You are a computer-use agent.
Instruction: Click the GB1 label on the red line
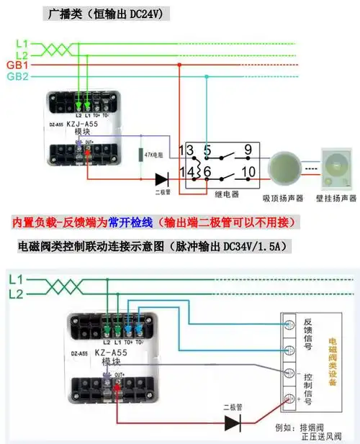pyautogui.click(x=17, y=65)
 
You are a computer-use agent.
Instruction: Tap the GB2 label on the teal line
pyautogui.click(x=17, y=76)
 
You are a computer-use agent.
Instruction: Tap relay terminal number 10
pyautogui.click(x=248, y=172)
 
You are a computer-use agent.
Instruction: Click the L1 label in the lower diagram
pyautogui.click(x=16, y=279)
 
